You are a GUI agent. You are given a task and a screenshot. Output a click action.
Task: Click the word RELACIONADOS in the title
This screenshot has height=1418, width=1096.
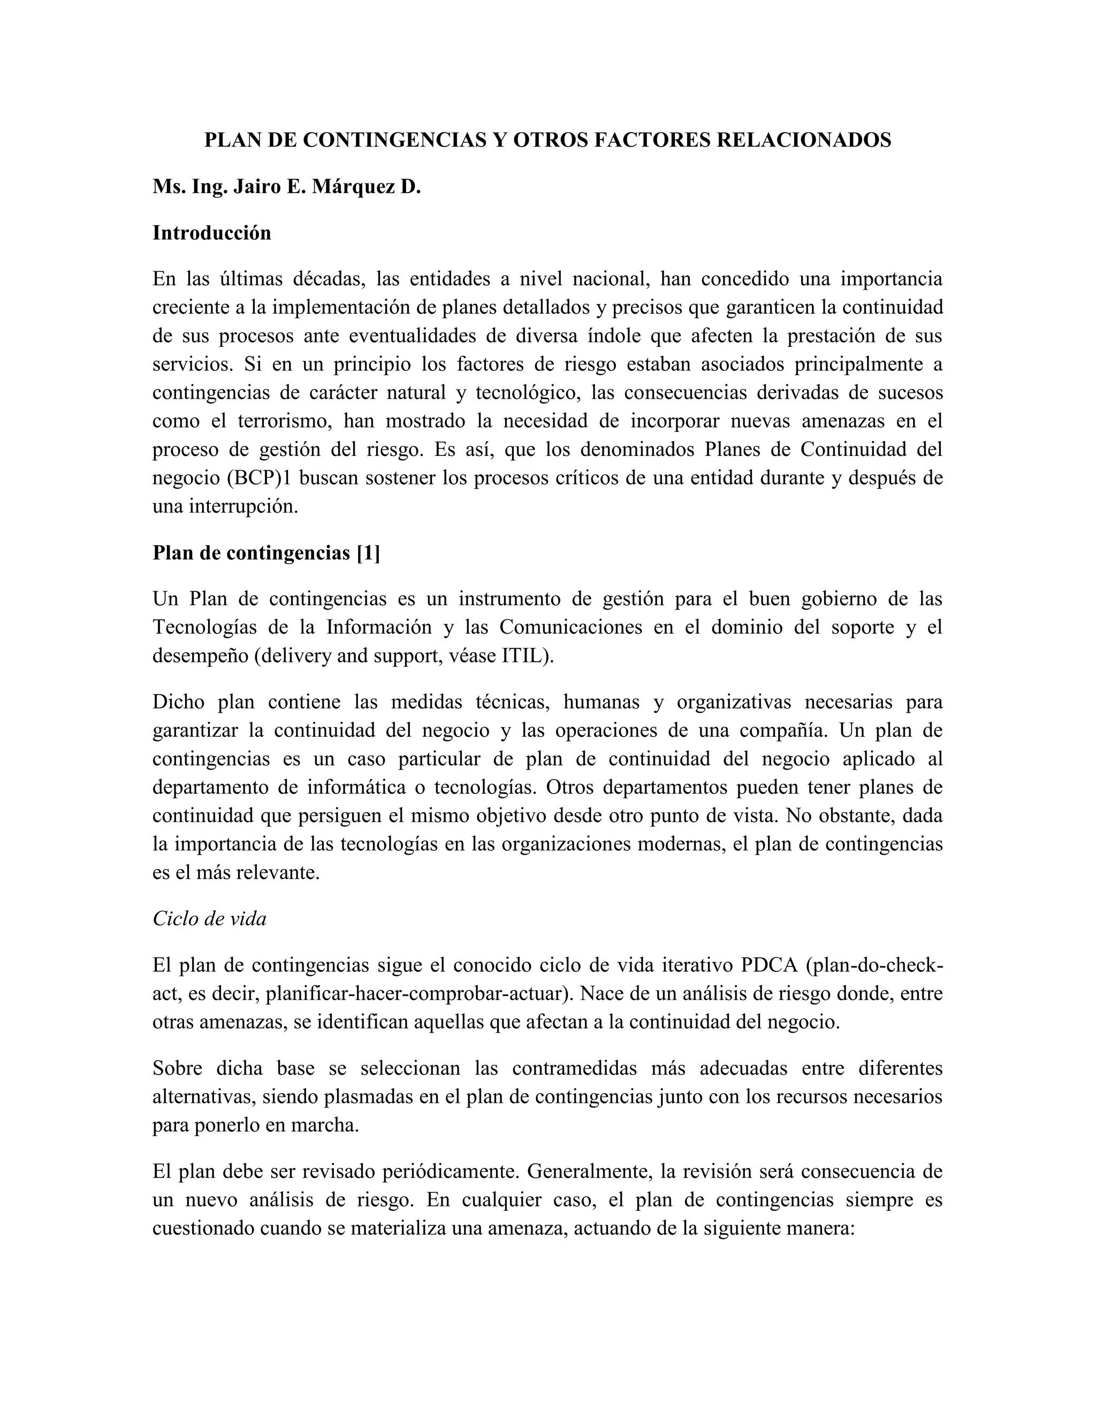tap(803, 140)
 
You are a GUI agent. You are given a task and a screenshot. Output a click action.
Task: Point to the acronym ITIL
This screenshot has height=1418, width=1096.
tap(526, 656)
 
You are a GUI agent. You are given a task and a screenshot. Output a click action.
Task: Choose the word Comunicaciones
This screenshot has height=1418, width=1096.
tap(572, 627)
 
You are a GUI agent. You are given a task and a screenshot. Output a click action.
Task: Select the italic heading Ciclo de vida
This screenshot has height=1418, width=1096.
tap(210, 919)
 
